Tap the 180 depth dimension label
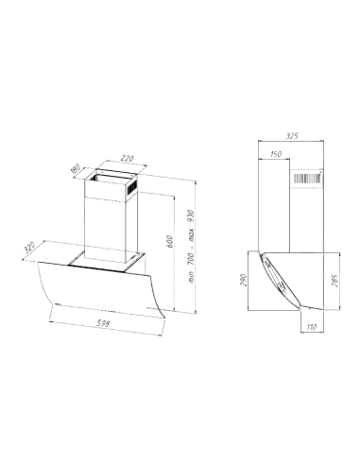(x=76, y=171)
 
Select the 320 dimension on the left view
(x=32, y=247)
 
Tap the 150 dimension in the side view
(x=276, y=153)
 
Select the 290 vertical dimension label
(x=244, y=281)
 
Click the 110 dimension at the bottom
(x=312, y=326)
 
